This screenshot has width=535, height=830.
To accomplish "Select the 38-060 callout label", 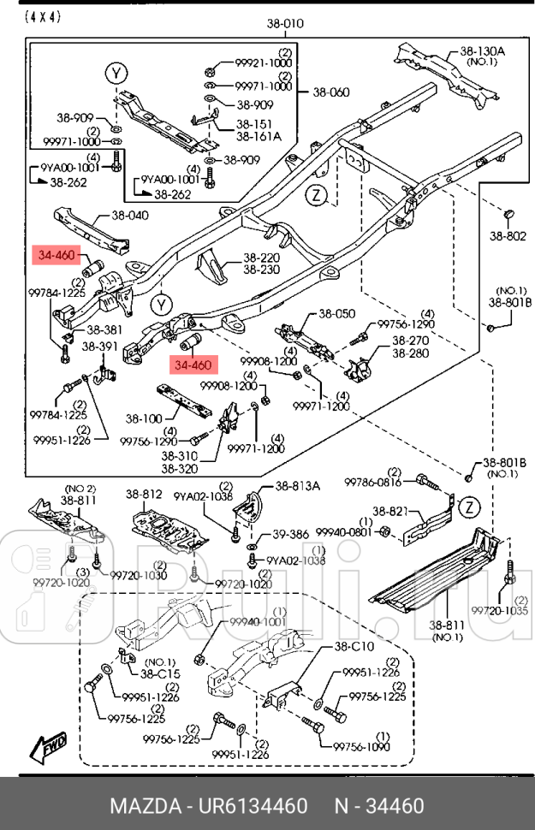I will (330, 92).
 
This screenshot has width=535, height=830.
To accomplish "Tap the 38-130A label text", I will (482, 51).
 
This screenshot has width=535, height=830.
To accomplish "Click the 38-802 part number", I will (508, 236).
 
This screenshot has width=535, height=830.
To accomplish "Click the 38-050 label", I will (336, 314).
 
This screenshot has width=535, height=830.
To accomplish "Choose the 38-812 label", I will (144, 494).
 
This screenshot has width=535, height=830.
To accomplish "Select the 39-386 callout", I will (290, 535).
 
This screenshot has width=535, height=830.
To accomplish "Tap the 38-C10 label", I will (353, 646).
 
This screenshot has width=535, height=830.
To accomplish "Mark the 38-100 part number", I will (144, 418).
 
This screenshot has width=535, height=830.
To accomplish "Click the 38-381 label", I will (102, 329).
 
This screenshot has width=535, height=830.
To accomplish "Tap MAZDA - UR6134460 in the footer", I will (208, 806).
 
